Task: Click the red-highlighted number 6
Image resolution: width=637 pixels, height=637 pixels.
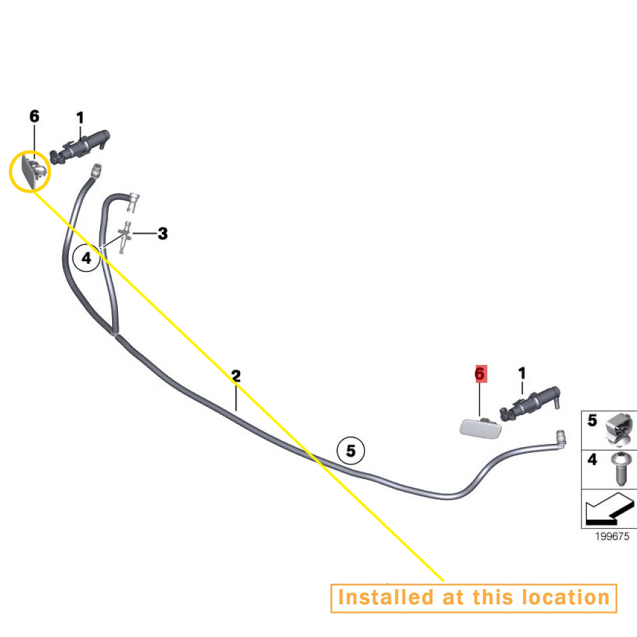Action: pyautogui.click(x=480, y=374)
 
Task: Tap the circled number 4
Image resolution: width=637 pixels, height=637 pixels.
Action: pyautogui.click(x=86, y=258)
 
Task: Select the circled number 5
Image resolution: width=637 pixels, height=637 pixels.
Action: pyautogui.click(x=351, y=450)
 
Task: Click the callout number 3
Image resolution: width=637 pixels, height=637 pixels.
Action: pyautogui.click(x=162, y=233)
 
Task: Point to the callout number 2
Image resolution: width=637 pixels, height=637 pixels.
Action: pyautogui.click(x=236, y=376)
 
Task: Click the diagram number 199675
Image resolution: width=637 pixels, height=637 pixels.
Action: pyautogui.click(x=612, y=536)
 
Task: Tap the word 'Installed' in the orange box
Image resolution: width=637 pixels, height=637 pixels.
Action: pyautogui.click(x=385, y=598)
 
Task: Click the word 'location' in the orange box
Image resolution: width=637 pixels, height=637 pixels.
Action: pyautogui.click(x=566, y=598)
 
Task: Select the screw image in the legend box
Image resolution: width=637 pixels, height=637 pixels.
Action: pyautogui.click(x=620, y=469)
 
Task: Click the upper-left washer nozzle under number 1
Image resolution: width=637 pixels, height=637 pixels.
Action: pyautogui.click(x=80, y=147)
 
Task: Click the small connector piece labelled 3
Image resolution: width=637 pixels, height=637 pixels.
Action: pyautogui.click(x=125, y=237)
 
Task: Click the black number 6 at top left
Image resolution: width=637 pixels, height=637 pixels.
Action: pyautogui.click(x=34, y=116)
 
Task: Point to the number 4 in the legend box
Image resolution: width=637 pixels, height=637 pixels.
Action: pyautogui.click(x=592, y=459)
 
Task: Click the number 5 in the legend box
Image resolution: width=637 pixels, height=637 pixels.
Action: pyautogui.click(x=592, y=420)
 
